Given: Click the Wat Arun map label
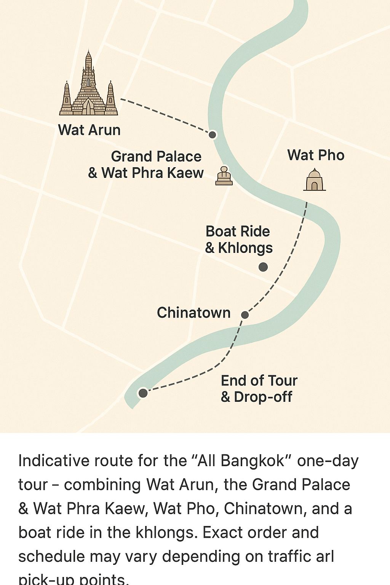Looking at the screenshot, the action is tap(90, 130).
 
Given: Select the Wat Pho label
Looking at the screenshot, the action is tap(316, 155).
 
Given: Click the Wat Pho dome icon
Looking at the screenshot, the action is tap(315, 180).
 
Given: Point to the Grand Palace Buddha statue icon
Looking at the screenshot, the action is tap(224, 176).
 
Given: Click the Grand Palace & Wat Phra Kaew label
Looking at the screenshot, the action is tap(146, 165).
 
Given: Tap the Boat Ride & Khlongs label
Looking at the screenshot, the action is tap(238, 240).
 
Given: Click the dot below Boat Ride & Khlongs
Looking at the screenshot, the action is tap(263, 267).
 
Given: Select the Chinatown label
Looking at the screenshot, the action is tap(193, 313).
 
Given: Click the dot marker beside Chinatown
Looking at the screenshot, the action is tap(245, 315).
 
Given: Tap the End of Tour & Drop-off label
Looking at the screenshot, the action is tap(259, 388).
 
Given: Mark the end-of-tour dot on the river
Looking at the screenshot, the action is tap(143, 393).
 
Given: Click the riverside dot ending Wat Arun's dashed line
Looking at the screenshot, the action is tap(213, 134).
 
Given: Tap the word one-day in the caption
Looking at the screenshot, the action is tap(328, 461).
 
